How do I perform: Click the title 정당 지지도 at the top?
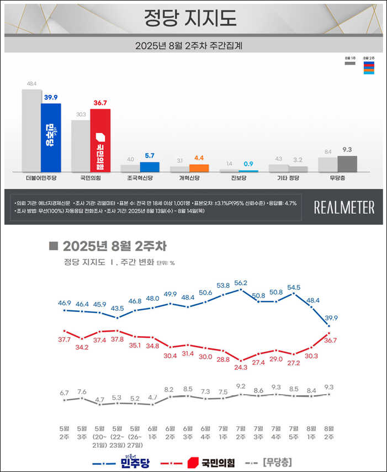point(190,18)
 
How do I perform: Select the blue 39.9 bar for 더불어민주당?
point(51,138)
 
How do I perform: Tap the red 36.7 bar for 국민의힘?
point(100,141)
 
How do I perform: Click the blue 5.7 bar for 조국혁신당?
point(150,167)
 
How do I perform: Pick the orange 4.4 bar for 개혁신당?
point(199,168)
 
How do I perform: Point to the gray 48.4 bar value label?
point(31,84)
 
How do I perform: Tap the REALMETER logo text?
point(344,208)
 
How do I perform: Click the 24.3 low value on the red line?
point(241,367)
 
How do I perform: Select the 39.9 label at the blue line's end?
point(330,318)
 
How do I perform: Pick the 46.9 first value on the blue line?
point(65,303)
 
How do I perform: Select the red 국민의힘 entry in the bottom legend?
point(211,462)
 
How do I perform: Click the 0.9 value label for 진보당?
point(248,163)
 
